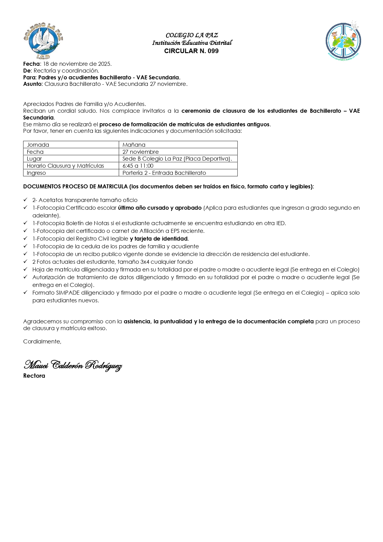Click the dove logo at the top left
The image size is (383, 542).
pyautogui.click(x=43, y=41)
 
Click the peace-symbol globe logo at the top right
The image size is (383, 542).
pyautogui.click(x=343, y=41)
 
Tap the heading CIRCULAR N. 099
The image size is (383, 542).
pyautogui.click(x=191, y=51)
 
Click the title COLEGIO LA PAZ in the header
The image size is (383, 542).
pyautogui.click(x=192, y=35)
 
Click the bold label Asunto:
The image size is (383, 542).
pyautogui.click(x=33, y=84)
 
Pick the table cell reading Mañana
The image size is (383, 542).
pyautogui.click(x=134, y=145)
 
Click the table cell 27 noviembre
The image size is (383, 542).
pyautogui.click(x=140, y=152)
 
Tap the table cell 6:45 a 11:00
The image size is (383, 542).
pyautogui.click(x=138, y=166)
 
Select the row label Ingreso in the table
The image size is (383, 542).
pyautogui.click(x=36, y=173)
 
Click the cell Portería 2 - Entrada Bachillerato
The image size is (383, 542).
pyautogui.click(x=164, y=173)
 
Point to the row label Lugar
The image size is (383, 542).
pyautogui.click(x=34, y=159)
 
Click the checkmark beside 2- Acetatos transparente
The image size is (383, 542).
pyautogui.click(x=26, y=200)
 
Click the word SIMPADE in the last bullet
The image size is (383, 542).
pyautogui.click(x=68, y=293)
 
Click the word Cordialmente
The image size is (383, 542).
pyautogui.click(x=42, y=342)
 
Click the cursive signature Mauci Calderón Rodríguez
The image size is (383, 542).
pyautogui.click(x=73, y=365)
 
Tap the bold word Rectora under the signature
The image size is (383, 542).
pyautogui.click(x=34, y=376)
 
